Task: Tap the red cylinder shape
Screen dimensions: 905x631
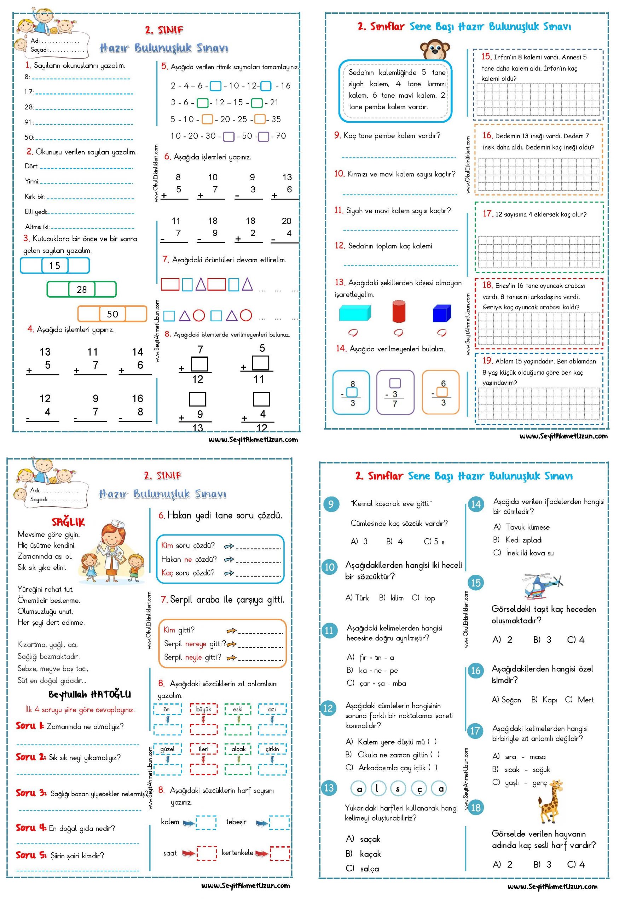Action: [x=399, y=311]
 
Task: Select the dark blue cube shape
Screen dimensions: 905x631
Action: [x=441, y=313]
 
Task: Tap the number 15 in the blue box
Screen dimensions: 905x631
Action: [x=55, y=265]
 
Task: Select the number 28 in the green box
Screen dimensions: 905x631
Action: [x=82, y=290]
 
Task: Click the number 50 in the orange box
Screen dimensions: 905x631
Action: [x=112, y=314]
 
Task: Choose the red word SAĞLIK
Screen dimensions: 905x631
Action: [x=68, y=522]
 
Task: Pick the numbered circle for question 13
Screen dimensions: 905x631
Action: [x=329, y=788]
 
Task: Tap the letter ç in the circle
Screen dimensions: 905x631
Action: [x=419, y=789]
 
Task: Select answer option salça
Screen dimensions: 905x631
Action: [x=369, y=869]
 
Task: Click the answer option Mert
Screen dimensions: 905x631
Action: [x=585, y=700]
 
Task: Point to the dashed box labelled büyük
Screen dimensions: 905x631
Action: [x=203, y=709]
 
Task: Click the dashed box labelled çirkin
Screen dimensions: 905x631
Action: [x=272, y=749]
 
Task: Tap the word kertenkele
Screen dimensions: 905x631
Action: [x=237, y=853]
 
